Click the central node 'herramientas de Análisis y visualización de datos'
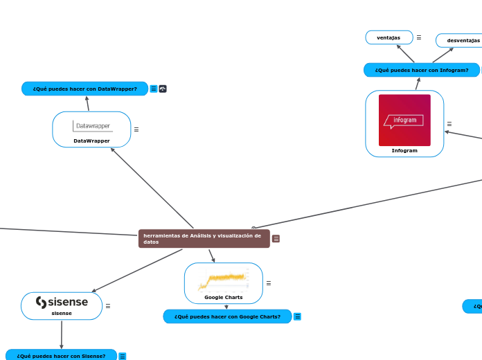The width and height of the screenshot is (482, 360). (x=204, y=239)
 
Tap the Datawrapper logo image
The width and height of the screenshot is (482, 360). (x=91, y=126)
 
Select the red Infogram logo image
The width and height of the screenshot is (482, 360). (x=404, y=120)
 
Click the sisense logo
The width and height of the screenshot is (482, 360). (x=62, y=303)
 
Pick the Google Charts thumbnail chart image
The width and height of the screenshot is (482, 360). (x=223, y=280)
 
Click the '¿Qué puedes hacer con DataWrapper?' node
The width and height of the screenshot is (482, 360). (x=84, y=89)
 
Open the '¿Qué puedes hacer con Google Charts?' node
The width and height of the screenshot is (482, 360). (x=227, y=316)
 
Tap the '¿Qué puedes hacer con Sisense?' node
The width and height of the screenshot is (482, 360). (x=61, y=356)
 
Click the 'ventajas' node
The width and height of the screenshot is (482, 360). (x=389, y=37)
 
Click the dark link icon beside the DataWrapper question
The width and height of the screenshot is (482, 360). (x=163, y=89)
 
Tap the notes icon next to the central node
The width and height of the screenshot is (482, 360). (x=276, y=239)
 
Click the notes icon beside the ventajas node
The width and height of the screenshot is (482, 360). (x=419, y=37)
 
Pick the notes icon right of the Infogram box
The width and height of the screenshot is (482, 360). (x=449, y=124)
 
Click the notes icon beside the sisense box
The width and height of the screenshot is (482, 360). (x=108, y=306)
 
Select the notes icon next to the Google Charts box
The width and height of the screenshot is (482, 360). (x=269, y=283)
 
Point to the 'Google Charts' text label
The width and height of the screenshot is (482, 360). (x=223, y=297)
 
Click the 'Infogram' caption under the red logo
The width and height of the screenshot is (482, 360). (x=404, y=150)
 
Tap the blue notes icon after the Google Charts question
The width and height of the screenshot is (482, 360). (x=297, y=316)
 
